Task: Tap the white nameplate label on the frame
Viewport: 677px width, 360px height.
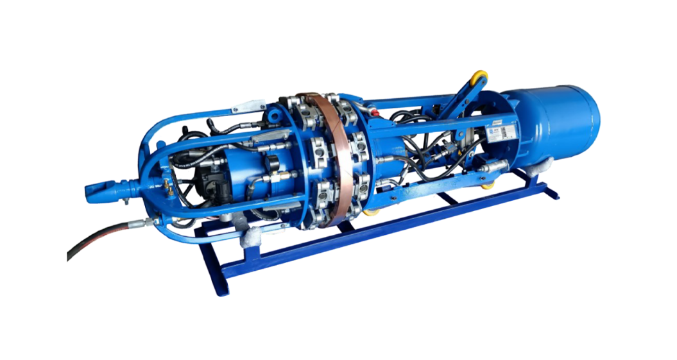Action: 507,132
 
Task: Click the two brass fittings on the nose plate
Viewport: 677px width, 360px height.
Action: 168,186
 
